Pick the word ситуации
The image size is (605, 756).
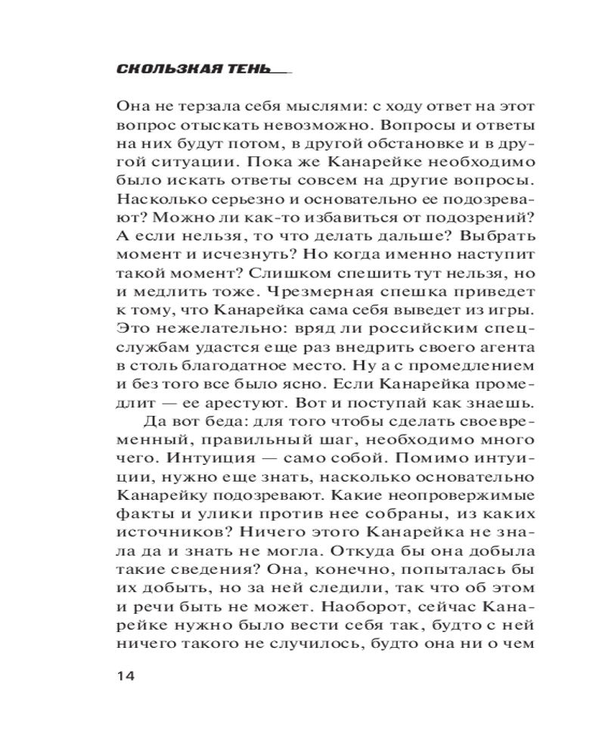(x=182, y=163)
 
